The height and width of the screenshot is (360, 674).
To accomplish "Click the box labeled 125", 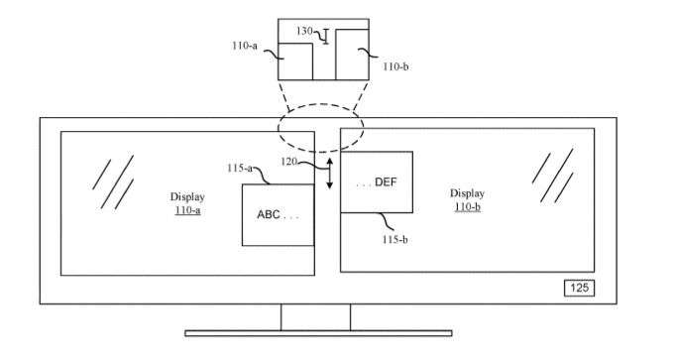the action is [x=579, y=289].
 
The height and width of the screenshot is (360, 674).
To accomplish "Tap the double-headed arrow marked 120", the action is [x=330, y=174].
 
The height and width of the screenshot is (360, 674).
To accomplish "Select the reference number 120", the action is [x=288, y=162].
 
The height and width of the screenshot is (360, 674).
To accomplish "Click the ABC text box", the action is [x=279, y=215].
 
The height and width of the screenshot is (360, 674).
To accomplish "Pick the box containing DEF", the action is [x=377, y=181].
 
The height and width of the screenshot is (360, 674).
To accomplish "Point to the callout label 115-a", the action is [x=240, y=169].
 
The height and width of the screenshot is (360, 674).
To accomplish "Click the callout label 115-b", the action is [x=395, y=240].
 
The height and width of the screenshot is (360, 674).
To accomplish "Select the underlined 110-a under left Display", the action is [x=188, y=210].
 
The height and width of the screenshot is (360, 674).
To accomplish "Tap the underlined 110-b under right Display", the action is [x=467, y=207].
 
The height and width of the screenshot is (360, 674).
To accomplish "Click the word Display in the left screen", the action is [x=187, y=197].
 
